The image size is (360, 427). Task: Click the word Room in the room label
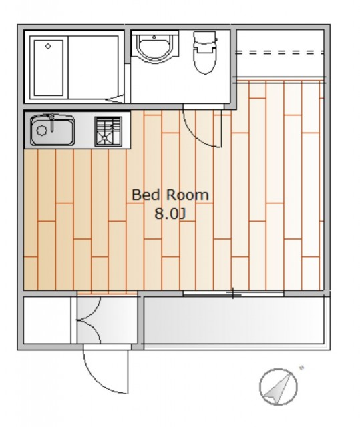[188, 195]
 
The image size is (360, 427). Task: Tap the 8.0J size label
[170, 213]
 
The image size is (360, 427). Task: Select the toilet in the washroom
[205, 52]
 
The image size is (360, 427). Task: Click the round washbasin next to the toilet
[154, 47]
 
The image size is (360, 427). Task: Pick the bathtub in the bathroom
[49, 68]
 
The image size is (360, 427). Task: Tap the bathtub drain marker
[48, 46]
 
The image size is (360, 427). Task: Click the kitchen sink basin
[52, 131]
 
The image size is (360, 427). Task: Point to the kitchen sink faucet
[51, 123]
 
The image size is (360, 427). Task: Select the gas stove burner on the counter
[108, 131]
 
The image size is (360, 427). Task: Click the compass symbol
[279, 387]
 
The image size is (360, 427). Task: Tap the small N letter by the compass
[301, 368]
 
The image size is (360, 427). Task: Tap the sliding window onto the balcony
[233, 294]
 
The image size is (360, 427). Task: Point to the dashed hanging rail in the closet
[280, 52]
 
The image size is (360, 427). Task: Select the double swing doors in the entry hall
[89, 320]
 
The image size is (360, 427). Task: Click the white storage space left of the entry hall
[47, 320]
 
